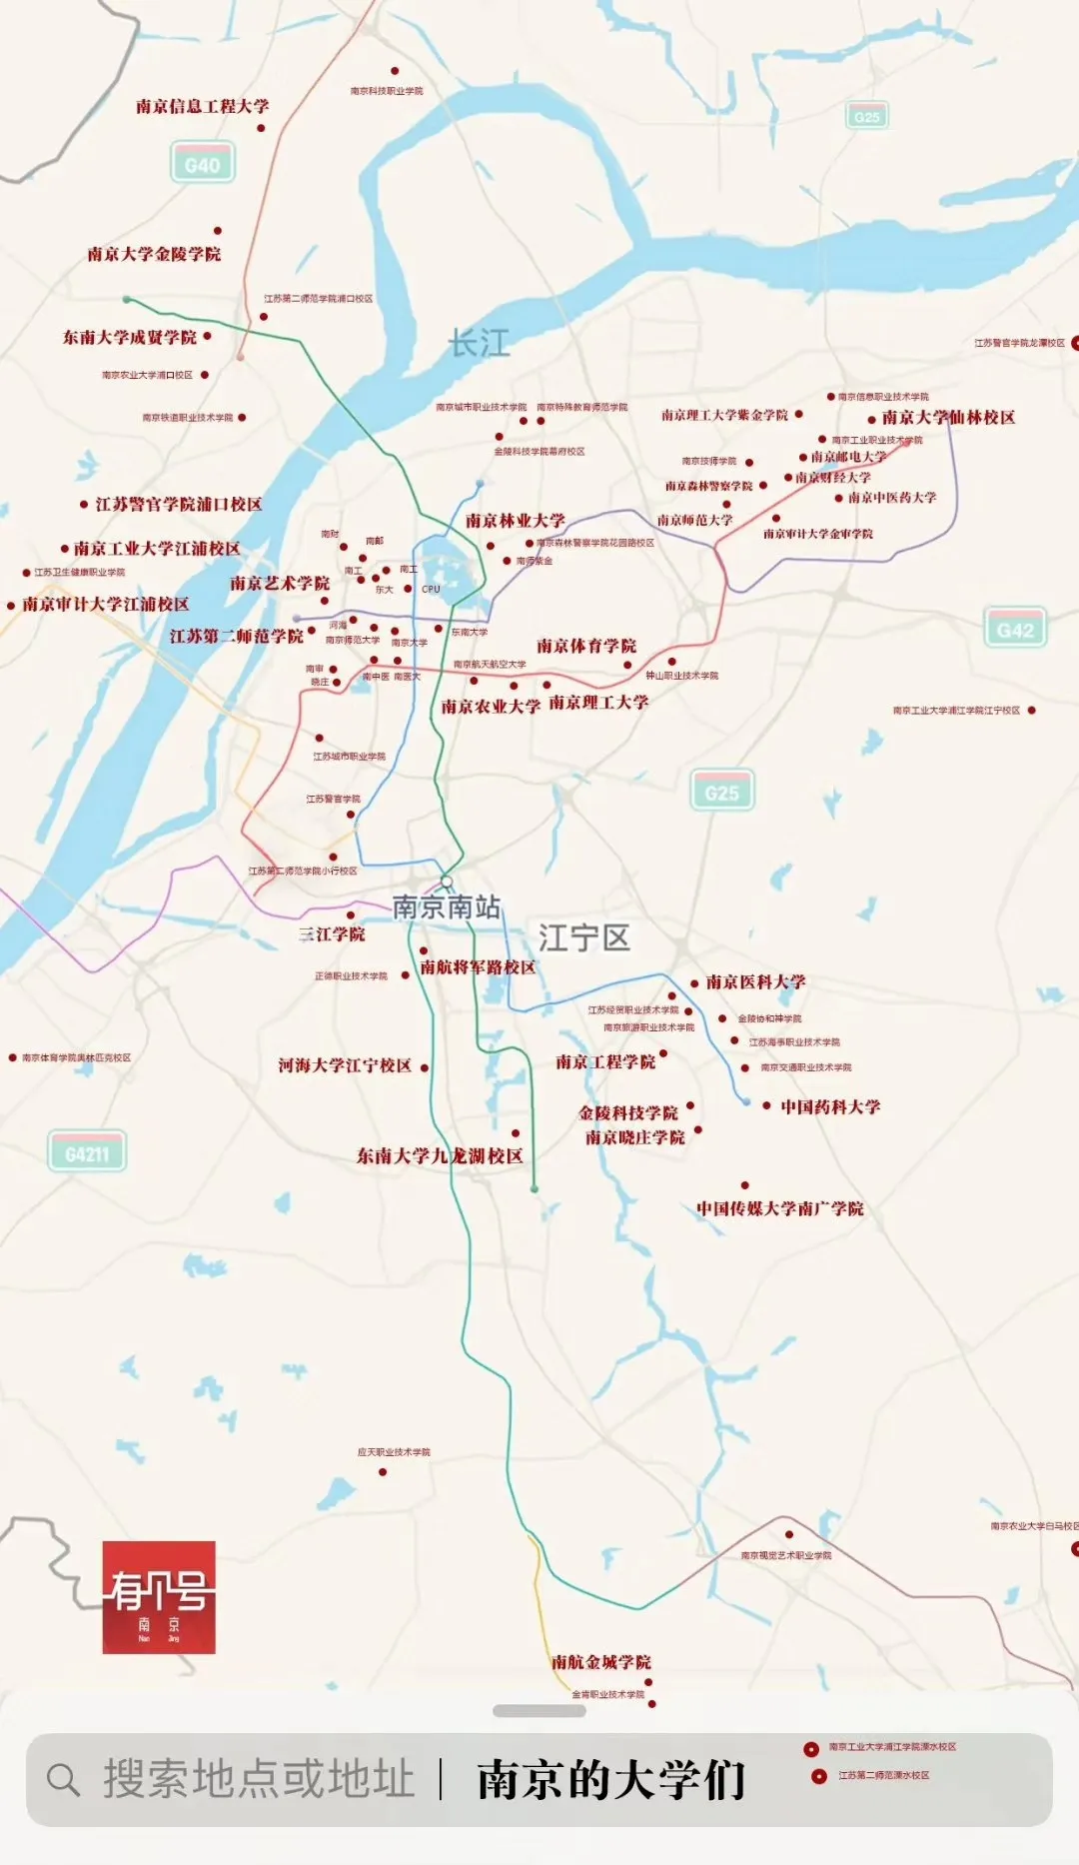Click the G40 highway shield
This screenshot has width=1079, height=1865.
coord(203,165)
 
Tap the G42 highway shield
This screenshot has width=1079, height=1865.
coord(1015,630)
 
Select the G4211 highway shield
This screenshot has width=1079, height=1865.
coord(87,1153)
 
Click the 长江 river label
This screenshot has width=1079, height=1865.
coord(480,344)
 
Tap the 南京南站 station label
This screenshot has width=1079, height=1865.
coord(447,907)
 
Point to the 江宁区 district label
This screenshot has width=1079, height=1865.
coord(584,937)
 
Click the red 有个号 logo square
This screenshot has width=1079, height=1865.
coord(159,1597)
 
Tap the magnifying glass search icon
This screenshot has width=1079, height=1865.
coord(63,1779)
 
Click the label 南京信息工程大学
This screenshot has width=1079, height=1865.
coord(202,106)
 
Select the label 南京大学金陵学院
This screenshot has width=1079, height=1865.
coord(154,254)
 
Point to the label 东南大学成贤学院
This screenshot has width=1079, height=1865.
coord(130,337)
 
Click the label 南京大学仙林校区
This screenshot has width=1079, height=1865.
coord(948,417)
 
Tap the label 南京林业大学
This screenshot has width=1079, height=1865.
coord(515,520)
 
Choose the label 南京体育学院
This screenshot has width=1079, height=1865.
coord(586,646)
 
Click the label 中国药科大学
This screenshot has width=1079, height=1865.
coord(830,1106)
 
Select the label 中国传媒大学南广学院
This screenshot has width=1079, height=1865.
coord(780,1208)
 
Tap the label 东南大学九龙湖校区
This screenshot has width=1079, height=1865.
coord(440,1155)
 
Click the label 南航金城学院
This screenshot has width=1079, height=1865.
coord(601,1661)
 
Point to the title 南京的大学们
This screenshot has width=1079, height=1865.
coord(611,1779)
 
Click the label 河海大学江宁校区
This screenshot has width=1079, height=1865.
coord(345,1065)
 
